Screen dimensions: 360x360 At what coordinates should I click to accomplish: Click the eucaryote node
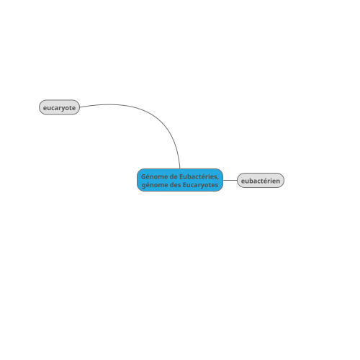[59, 107]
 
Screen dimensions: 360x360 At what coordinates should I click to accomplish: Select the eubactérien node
[261, 180]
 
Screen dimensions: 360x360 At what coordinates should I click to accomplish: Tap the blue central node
[180, 180]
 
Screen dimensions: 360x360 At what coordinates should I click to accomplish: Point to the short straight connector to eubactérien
[230, 180]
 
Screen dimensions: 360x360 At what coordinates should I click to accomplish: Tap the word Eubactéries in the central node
[198, 176]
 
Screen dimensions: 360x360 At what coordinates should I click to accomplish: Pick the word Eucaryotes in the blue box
[200, 185]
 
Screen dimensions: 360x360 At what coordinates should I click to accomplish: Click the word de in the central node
[174, 176]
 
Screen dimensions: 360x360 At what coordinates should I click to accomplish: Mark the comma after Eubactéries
[218, 179]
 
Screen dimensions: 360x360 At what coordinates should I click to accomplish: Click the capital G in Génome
[143, 176]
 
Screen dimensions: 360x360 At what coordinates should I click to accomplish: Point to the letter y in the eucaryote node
[63, 109]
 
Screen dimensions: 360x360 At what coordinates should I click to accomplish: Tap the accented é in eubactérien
[269, 180]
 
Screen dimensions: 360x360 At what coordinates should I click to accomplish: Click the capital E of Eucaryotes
[184, 185]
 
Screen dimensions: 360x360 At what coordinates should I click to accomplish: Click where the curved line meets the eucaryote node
[80, 107]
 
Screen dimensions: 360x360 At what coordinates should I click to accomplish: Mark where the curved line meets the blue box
[180, 168]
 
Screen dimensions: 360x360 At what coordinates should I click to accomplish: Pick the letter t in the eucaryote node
[70, 108]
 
